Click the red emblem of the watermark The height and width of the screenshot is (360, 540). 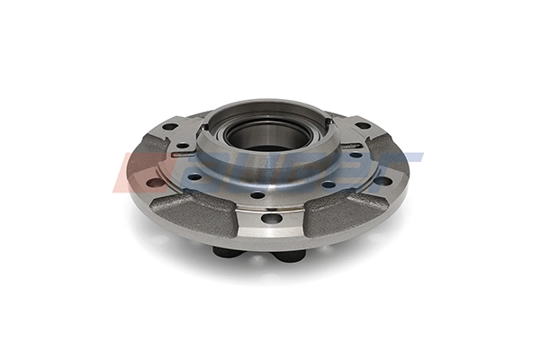[x=134, y=171]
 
